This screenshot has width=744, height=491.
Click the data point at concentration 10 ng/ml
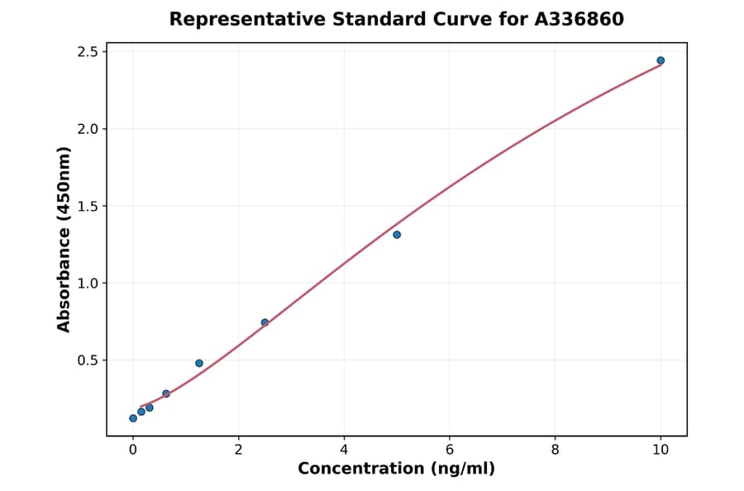661,60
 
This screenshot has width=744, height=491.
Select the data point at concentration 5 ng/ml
397,235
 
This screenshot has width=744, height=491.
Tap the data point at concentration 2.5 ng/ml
265,322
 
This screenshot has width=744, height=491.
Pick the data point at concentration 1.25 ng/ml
199,363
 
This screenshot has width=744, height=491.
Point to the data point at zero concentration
133,418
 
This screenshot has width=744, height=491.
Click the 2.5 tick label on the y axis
87,52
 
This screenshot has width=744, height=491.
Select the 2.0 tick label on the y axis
87,129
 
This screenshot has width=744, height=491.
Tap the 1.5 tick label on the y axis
87,206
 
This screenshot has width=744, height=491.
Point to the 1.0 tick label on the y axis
87,284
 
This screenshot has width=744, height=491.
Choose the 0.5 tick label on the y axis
87,360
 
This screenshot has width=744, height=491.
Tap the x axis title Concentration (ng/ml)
396,469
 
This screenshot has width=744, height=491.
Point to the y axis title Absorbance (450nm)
64,240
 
